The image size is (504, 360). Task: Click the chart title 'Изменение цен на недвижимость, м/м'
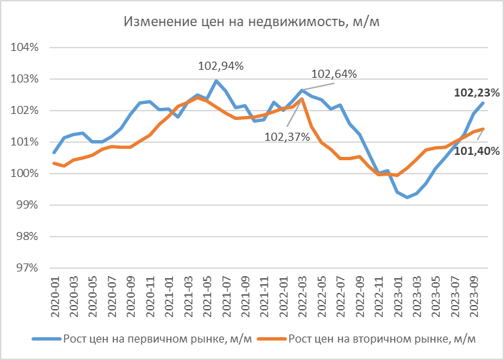[252, 21]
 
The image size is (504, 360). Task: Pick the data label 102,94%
[220, 66]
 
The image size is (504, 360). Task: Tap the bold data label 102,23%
[477, 93]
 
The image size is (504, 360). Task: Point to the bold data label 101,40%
[477, 152]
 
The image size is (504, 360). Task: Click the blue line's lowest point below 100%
[407, 197]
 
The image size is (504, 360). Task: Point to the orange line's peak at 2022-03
[302, 99]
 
